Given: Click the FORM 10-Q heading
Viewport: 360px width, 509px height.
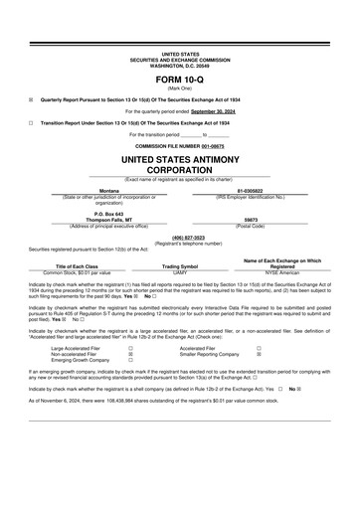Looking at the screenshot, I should tap(180, 80).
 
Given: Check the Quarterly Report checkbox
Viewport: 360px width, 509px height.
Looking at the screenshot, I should tap(31, 99).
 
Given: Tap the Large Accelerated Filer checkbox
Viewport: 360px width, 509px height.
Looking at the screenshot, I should tap(131, 349).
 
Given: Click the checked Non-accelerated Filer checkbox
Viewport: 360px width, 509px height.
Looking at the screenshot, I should tap(131, 355).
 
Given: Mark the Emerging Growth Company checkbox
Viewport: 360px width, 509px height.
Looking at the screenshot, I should tap(131, 361).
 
